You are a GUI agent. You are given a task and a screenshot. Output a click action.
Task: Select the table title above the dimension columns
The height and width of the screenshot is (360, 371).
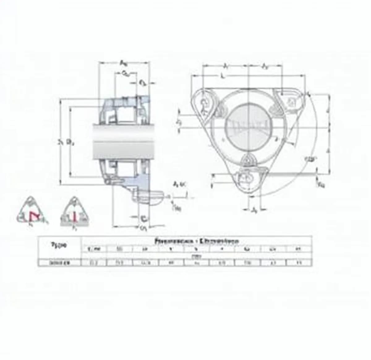196,240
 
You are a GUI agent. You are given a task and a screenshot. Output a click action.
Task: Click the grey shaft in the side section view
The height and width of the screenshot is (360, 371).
124,142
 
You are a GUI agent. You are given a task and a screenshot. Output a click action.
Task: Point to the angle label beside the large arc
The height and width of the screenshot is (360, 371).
310,159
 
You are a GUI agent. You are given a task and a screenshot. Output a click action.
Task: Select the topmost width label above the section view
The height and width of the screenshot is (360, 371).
123,63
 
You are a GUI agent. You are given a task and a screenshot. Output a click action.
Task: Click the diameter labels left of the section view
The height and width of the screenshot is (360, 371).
66,142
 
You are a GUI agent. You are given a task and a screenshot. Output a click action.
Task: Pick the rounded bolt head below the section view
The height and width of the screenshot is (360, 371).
148,196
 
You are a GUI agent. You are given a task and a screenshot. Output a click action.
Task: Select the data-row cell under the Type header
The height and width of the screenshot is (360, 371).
59,263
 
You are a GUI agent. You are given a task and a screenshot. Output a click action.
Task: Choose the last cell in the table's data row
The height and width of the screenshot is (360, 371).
298,263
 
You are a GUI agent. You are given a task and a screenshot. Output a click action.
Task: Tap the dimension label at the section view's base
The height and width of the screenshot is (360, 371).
143,228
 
